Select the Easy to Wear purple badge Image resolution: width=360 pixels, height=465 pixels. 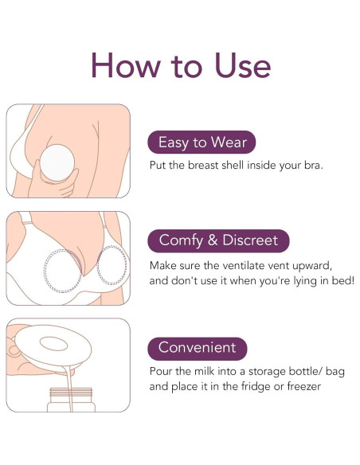click(202, 142)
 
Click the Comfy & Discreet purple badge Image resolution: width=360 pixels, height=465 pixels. click(218, 240)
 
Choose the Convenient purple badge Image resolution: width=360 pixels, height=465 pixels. click(198, 348)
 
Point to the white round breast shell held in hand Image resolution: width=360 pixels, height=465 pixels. click(57, 162)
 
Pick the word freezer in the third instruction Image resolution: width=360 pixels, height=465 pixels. click(304, 386)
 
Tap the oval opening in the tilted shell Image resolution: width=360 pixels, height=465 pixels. click(53, 344)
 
